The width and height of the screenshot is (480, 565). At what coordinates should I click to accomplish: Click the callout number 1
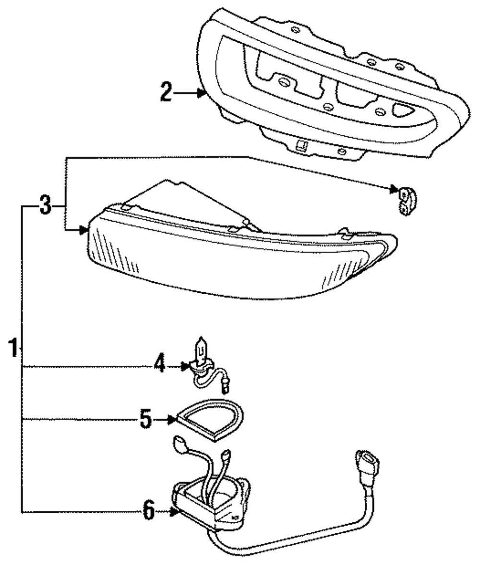point(13,348)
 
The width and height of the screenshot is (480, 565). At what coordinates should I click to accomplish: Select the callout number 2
point(166,92)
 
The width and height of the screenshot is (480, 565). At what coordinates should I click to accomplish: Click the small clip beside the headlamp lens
point(407,200)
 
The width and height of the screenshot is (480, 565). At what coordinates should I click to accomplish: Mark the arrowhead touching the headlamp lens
point(84,229)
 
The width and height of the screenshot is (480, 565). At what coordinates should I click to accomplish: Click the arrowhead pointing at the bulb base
point(185,366)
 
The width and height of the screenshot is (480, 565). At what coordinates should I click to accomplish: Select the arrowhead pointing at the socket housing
point(175,511)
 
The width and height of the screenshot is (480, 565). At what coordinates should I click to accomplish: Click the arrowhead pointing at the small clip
point(394,189)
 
